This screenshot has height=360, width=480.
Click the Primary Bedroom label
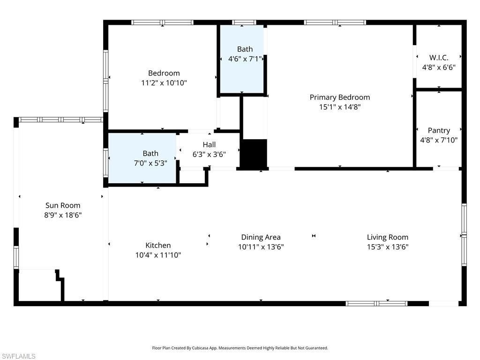point(339,97)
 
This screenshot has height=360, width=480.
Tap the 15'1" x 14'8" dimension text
point(339,107)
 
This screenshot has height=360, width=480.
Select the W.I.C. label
point(439,58)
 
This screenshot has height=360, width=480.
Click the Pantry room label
point(439,130)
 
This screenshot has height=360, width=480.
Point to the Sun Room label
point(63,205)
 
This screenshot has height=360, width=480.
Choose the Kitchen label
point(158,245)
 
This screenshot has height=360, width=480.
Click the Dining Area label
point(261,237)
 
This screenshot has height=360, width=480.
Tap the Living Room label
point(387,237)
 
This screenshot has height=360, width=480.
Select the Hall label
point(209,144)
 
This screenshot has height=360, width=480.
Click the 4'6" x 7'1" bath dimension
point(244,59)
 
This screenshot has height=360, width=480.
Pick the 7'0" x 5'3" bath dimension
point(150,163)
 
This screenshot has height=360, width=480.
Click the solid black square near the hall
point(254,153)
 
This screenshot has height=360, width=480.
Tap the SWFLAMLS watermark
point(18,356)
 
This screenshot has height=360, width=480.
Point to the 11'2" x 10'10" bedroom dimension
point(164,83)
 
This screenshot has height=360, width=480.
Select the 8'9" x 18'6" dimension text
point(63,215)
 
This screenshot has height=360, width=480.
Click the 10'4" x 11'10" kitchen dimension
point(158,255)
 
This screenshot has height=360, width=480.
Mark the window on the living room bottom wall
point(376,304)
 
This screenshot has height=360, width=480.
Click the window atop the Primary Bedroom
point(335,22)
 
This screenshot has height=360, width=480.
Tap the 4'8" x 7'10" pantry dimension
point(439,140)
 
